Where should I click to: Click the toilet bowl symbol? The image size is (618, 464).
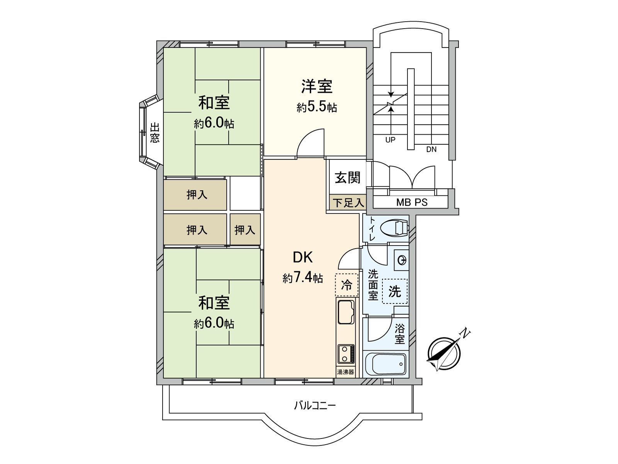[394, 228]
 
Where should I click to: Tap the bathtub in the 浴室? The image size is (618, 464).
[385, 364]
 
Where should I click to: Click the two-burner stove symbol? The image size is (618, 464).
[346, 354]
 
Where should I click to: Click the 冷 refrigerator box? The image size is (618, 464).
[346, 285]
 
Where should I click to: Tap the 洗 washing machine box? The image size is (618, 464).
[394, 291]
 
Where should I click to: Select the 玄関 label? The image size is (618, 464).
[347, 177]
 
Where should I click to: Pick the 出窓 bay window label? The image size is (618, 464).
[154, 133]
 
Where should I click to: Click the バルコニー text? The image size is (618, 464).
[315, 406]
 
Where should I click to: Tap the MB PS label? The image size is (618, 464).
[412, 202]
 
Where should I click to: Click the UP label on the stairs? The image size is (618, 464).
[390, 140]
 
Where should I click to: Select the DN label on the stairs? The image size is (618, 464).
[431, 149]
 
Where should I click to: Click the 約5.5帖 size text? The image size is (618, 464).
[317, 107]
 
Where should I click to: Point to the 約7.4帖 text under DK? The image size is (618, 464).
[303, 278]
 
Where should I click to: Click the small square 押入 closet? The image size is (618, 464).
[245, 230]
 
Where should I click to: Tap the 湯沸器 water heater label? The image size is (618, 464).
[345, 372]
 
